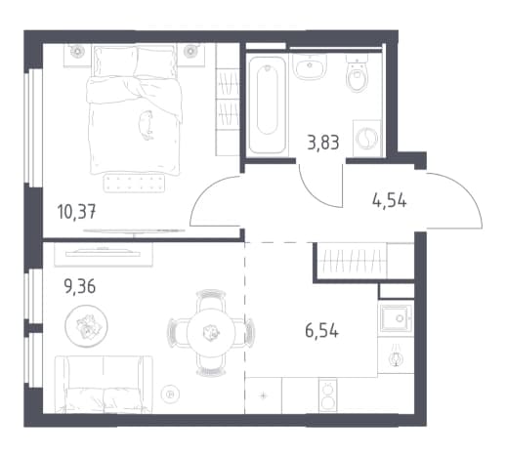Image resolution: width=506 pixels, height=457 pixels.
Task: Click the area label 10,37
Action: [76, 212]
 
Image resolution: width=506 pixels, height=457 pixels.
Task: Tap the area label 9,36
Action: [80, 286]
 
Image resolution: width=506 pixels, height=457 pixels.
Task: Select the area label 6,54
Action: [321, 330]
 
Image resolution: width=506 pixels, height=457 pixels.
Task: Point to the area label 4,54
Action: [389, 200]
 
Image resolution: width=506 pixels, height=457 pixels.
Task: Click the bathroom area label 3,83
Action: [323, 143]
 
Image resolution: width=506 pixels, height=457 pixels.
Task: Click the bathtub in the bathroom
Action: [268, 104]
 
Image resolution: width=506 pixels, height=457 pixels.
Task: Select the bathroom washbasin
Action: [310, 66]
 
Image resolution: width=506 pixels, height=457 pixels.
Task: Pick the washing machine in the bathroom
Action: [367, 138]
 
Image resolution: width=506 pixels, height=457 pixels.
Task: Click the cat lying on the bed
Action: [146, 125]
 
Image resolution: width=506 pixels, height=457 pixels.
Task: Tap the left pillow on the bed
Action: [115, 62]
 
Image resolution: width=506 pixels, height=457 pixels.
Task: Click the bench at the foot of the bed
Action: [134, 183]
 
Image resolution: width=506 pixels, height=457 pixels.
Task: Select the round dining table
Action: [211, 333]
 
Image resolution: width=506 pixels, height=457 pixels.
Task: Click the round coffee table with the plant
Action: [86, 325]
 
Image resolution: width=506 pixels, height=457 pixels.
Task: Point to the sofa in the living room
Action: [104, 384]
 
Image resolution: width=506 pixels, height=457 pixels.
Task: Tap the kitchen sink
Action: [396, 318]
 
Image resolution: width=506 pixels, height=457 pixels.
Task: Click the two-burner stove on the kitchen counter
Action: [327, 395]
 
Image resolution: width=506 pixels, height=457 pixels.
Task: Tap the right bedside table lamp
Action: [190, 51]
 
